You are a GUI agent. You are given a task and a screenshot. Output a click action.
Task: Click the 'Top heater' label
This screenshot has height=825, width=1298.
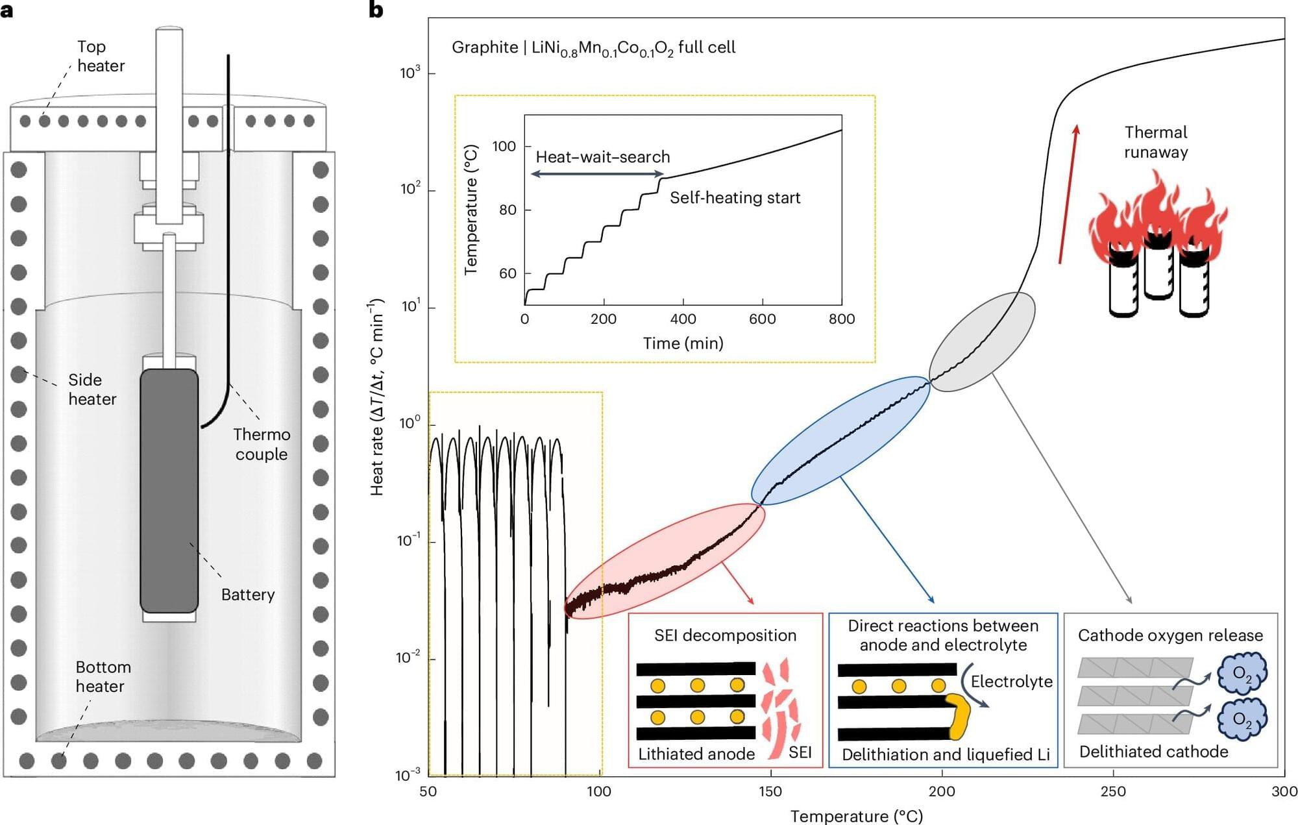click(x=101, y=56)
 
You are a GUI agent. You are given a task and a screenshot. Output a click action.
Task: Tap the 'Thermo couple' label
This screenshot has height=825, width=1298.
click(x=262, y=444)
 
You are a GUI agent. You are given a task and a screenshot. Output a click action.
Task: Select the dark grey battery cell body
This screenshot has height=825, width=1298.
click(x=169, y=491)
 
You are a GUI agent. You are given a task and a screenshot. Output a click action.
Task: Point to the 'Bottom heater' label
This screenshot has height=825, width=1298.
click(x=103, y=676)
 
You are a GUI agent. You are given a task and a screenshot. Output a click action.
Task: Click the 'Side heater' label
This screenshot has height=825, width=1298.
click(x=92, y=389)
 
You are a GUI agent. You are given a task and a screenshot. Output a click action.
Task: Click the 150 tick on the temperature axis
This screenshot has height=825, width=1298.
click(x=770, y=791)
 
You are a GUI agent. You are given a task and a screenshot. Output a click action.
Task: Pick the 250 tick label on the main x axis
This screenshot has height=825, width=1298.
click(x=1113, y=791)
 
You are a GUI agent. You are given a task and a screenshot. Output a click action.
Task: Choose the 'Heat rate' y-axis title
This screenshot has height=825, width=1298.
click(x=377, y=397)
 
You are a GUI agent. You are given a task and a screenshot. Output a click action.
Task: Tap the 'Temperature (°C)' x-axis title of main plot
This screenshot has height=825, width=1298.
click(x=856, y=816)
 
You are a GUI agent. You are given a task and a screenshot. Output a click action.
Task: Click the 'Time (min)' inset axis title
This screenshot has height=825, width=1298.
click(x=683, y=343)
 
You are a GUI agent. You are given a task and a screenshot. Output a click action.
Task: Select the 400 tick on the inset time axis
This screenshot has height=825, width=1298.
click(x=683, y=319)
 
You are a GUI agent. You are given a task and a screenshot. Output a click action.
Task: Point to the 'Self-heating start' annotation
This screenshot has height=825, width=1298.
click(x=735, y=198)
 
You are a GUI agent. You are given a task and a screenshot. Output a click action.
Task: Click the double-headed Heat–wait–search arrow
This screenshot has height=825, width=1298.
click(x=597, y=174)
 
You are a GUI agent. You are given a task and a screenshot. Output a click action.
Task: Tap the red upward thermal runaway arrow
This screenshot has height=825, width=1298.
click(x=1068, y=194)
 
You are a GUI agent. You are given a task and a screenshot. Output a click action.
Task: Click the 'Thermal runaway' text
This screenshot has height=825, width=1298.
click(x=1156, y=142)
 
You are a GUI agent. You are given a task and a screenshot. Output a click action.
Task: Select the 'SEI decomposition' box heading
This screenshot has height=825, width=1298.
click(x=725, y=635)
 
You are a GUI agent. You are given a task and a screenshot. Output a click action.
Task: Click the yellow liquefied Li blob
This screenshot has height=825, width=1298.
click(x=959, y=716)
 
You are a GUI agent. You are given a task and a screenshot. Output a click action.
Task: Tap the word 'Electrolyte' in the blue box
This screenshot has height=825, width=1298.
click(x=1011, y=682)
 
